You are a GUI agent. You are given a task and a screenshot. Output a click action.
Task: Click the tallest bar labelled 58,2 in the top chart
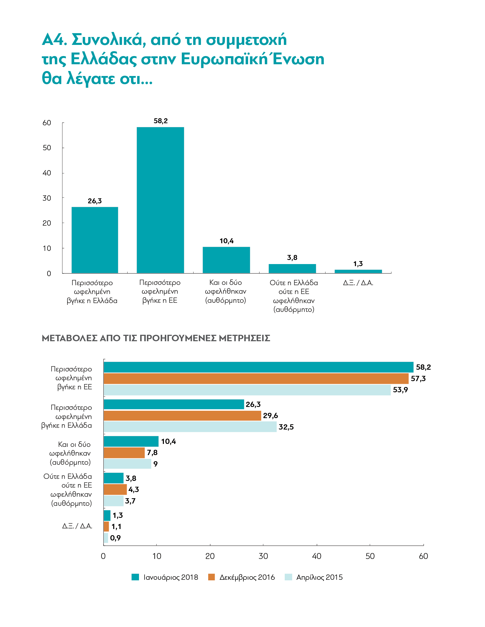click(160, 200)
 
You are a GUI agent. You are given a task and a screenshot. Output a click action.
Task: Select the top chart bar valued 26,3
click(95, 240)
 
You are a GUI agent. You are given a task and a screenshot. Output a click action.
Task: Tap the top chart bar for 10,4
click(226, 260)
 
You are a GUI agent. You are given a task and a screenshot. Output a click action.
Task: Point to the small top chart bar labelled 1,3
click(358, 271)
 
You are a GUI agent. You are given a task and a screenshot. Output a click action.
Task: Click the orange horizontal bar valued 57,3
click(256, 378)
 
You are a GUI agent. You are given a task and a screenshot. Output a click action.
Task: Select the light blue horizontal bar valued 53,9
click(247, 390)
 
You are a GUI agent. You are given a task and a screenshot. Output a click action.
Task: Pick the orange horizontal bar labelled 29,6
click(183, 415)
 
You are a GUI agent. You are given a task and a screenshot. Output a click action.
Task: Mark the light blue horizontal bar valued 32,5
click(190, 427)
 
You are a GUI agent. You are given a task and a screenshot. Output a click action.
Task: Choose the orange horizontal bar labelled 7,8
click(124, 453)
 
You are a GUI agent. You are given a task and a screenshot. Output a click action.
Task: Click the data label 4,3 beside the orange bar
click(134, 490)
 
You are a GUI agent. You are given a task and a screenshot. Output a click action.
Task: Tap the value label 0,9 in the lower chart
click(116, 538)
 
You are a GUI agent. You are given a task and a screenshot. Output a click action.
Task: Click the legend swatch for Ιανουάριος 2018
click(135, 577)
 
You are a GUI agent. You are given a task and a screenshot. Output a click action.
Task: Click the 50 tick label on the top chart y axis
click(47, 148)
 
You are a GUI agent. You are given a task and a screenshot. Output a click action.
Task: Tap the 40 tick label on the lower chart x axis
click(317, 556)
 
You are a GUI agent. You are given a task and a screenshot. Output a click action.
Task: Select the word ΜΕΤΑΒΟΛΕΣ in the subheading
click(69, 338)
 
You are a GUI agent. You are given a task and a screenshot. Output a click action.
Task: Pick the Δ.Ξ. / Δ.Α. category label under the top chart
click(358, 283)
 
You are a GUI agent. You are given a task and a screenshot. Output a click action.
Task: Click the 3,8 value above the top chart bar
click(292, 258)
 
